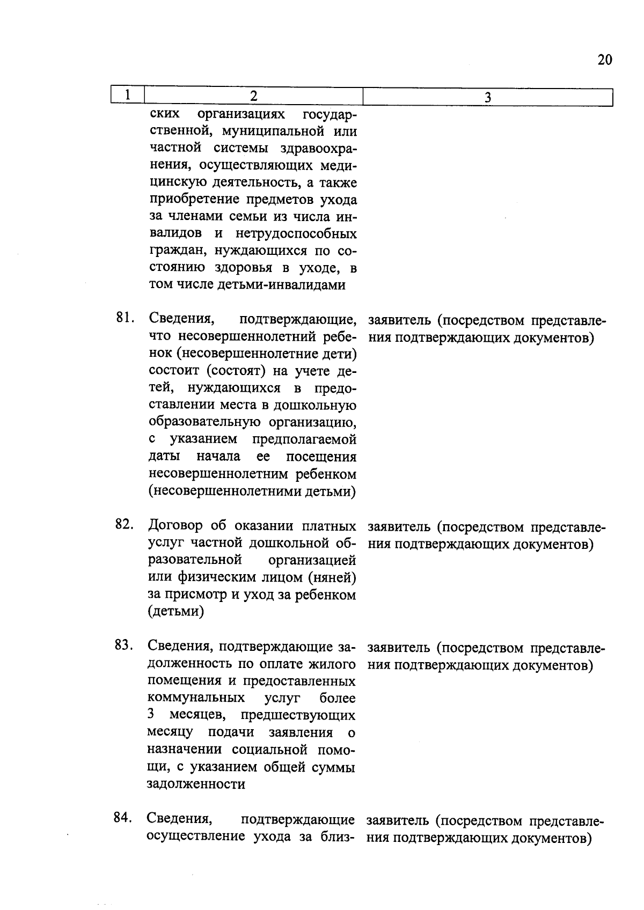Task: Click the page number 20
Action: tap(604, 60)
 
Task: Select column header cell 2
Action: tap(253, 96)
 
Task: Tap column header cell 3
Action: tap(487, 97)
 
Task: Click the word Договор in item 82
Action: tap(174, 525)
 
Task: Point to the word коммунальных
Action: tap(196, 698)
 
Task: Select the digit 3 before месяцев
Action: tap(151, 715)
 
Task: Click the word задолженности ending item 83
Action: tap(196, 784)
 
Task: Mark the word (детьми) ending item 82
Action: tap(175, 611)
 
